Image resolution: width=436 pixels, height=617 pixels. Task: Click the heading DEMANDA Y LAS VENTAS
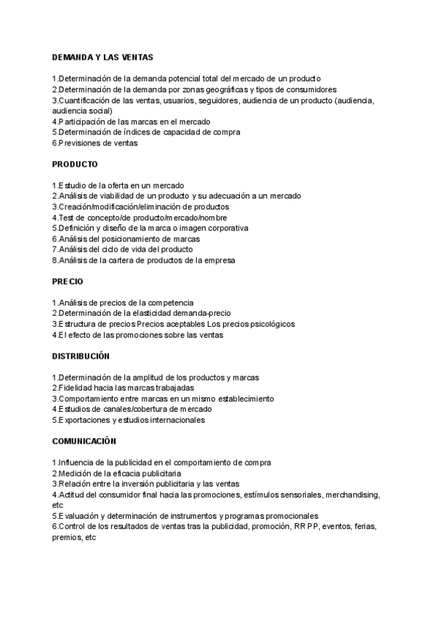102,57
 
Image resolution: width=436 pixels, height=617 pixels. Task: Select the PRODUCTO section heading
74,164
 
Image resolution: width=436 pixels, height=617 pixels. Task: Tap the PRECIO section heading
68,281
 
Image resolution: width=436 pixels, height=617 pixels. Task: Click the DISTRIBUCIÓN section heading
80,356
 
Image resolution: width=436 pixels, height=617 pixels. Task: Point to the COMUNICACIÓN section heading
84,442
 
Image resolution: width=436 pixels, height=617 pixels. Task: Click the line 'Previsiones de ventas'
94,143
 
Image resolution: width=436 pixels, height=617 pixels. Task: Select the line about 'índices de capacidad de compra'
146,132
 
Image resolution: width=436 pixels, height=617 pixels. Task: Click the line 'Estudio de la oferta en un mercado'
118,186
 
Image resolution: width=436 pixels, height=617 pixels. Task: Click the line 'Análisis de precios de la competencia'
123,303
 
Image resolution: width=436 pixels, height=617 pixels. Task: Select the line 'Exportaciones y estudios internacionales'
128,420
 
